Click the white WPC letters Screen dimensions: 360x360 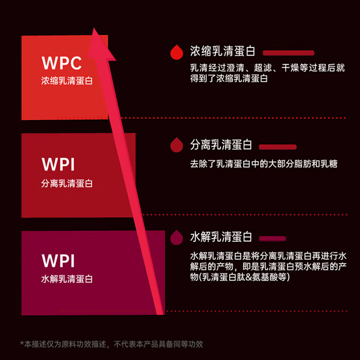pos(62,63)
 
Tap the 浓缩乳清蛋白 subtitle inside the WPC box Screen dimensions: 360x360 pos(67,82)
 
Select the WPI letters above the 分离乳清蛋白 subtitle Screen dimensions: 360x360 pos(58,165)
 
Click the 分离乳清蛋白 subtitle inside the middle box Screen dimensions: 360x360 pos(67,184)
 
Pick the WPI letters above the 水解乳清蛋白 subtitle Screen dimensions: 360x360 pos(58,261)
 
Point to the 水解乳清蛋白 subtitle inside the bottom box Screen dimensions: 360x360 pos(67,279)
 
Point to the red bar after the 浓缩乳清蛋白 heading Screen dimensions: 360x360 pos(288,53)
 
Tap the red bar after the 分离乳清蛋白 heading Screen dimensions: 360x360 pos(278,147)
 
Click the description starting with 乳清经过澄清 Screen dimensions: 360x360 pos(267,73)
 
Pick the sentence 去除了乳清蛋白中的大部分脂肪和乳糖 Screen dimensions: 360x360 pos(264,164)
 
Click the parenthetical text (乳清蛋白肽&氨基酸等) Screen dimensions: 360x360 pos(239,278)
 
